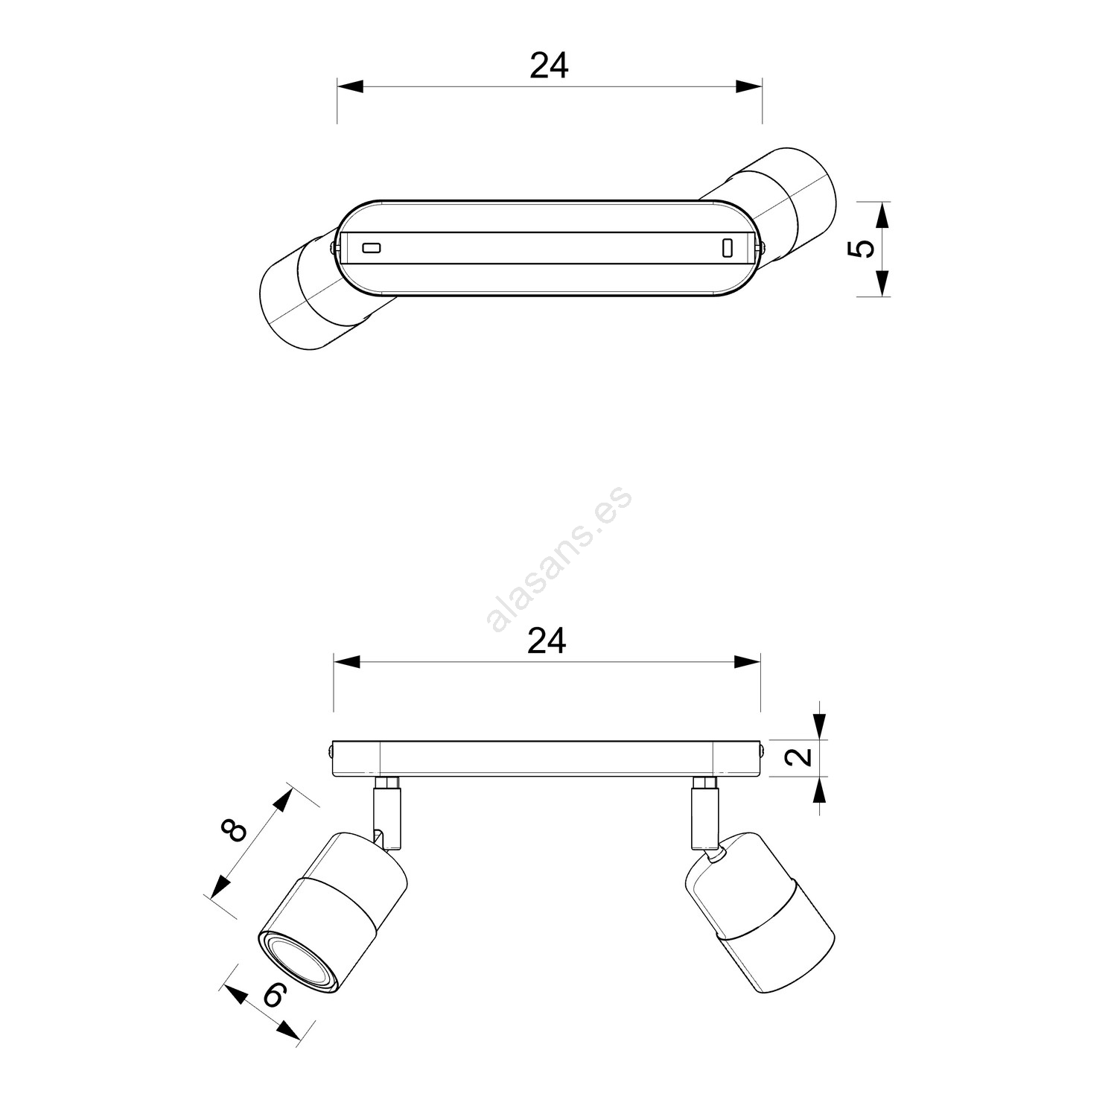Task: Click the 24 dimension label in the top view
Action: point(549,66)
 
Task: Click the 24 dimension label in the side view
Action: point(547,640)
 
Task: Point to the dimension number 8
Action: point(235,830)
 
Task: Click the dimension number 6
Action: point(274,995)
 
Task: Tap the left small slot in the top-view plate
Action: point(371,247)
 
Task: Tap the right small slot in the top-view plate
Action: point(728,248)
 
